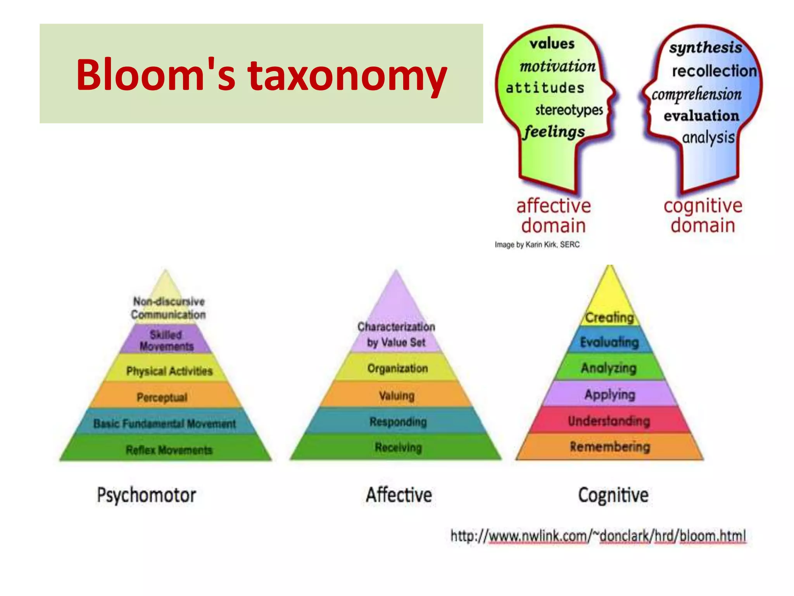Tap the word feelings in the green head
tap(554, 132)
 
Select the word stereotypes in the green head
tap(569, 110)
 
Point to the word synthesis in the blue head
tap(705, 48)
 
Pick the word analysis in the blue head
tap(708, 138)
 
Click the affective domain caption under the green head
tap(553, 216)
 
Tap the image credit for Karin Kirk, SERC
tap(537, 245)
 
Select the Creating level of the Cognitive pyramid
tap(609, 317)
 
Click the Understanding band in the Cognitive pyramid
tap(609, 421)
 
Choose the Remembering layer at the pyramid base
tap(609, 447)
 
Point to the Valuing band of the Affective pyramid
tap(397, 395)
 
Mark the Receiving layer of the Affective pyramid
tap(398, 447)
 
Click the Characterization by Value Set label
tap(396, 334)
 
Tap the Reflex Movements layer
tap(169, 450)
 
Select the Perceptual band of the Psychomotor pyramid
tap(162, 397)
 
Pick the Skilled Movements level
tap(166, 340)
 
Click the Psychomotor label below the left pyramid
tap(147, 496)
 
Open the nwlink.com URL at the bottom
tap(598, 536)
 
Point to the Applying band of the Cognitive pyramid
tap(610, 394)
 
